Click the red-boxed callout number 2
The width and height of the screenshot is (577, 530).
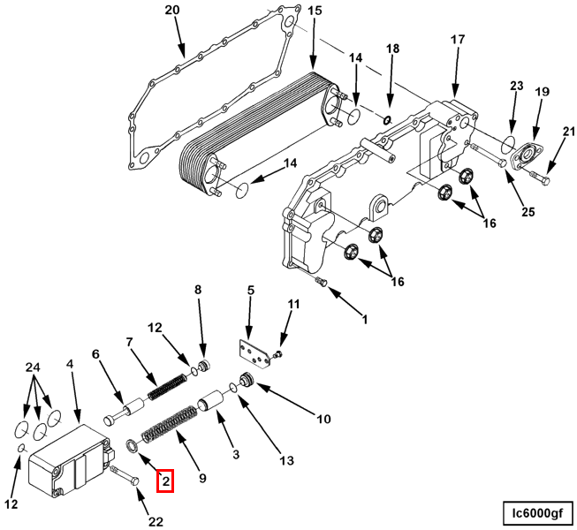click(166, 481)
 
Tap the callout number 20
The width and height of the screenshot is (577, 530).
click(172, 11)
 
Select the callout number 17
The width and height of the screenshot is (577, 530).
click(457, 40)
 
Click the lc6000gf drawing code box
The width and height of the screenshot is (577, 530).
click(536, 511)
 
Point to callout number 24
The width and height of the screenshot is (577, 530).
click(33, 367)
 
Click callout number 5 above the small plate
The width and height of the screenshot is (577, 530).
click(250, 290)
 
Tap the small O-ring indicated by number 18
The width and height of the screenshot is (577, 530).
click(386, 116)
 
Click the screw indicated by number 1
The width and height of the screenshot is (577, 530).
click(321, 282)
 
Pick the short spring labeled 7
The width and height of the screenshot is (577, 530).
click(168, 386)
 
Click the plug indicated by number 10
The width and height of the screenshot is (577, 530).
click(248, 382)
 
